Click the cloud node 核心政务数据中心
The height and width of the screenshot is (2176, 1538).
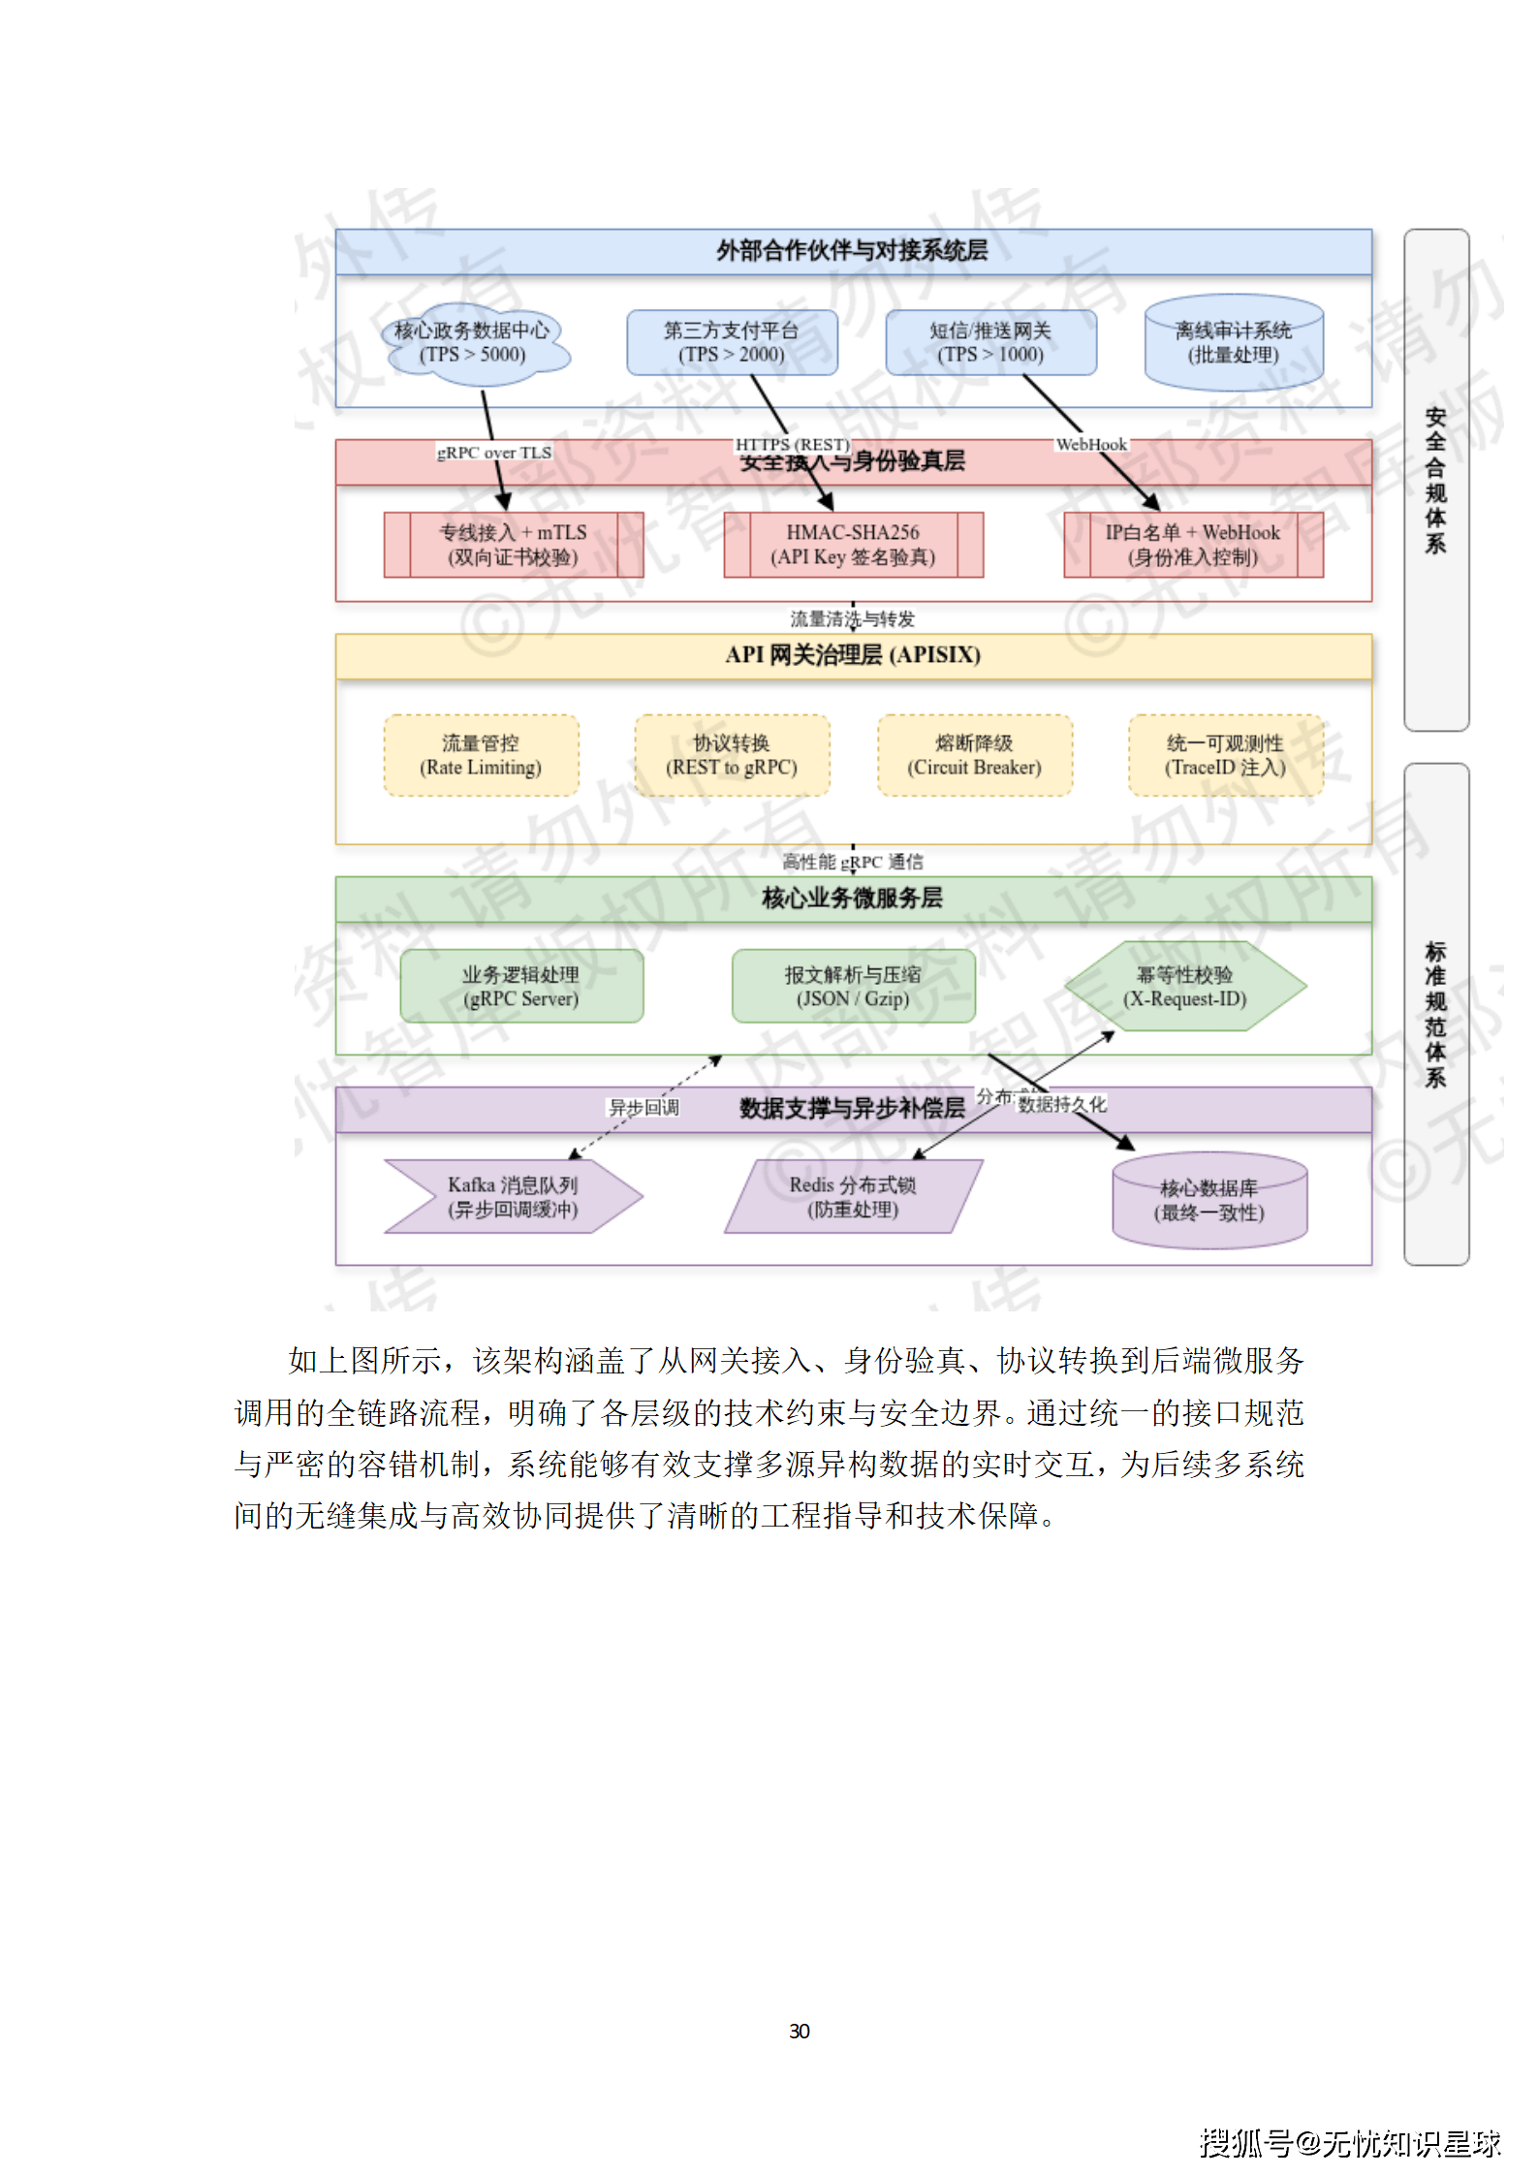pyautogui.click(x=474, y=343)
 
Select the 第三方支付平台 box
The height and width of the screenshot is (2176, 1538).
pyautogui.click(x=732, y=343)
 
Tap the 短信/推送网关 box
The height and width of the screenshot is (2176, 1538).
pyautogui.click(x=990, y=343)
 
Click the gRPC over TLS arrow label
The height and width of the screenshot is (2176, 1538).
pyautogui.click(x=494, y=453)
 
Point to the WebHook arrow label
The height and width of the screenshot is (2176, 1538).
pyautogui.click(x=1091, y=445)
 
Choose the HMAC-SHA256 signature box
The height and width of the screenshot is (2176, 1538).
pyautogui.click(x=853, y=545)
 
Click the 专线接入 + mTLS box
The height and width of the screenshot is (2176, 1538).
pyautogui.click(x=514, y=545)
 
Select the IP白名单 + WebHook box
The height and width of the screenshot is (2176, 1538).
pyautogui.click(x=1193, y=545)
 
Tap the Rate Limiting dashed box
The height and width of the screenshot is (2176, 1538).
pyautogui.click(x=481, y=755)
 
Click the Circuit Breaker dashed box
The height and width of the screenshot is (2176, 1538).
pyautogui.click(x=974, y=755)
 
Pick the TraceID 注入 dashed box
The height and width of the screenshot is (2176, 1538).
pyautogui.click(x=1225, y=755)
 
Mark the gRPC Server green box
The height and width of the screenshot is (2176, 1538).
pyautogui.click(x=521, y=987)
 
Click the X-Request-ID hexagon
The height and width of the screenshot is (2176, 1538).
pyautogui.click(x=1185, y=987)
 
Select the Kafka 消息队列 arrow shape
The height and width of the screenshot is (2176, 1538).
pyautogui.click(x=513, y=1197)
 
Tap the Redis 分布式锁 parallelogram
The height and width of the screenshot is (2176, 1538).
pyautogui.click(x=853, y=1197)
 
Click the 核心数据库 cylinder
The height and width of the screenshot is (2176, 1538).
pyautogui.click(x=1209, y=1200)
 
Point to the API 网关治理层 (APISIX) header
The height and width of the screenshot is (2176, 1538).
pyautogui.click(x=853, y=655)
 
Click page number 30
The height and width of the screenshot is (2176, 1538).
pyautogui.click(x=800, y=2032)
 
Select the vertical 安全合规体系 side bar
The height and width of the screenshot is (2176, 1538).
pyautogui.click(x=1435, y=480)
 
